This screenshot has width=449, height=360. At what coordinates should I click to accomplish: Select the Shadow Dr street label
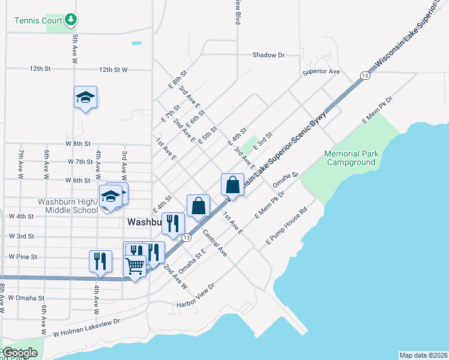pyautogui.click(x=268, y=55)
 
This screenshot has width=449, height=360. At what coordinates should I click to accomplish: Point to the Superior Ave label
pyautogui.click(x=321, y=71)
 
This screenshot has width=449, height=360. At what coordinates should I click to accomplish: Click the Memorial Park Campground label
pyautogui.click(x=351, y=158)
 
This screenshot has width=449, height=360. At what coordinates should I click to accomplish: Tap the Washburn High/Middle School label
pyautogui.click(x=68, y=206)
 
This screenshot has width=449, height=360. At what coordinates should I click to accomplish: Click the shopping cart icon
pyautogui.click(x=135, y=265)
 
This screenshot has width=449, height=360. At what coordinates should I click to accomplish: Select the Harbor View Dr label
pyautogui.click(x=196, y=304)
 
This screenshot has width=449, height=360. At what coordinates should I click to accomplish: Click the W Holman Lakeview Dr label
pyautogui.click(x=86, y=327)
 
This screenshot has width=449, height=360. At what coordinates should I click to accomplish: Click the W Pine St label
pyautogui.click(x=23, y=257)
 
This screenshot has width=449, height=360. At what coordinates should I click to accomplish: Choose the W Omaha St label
pyautogui.click(x=26, y=298)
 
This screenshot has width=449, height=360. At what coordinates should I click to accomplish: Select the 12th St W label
pyautogui.click(x=113, y=70)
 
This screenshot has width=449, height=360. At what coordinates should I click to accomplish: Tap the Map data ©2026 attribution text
pyautogui.click(x=423, y=355)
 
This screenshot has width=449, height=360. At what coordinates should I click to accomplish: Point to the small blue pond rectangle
pyautogui.click(x=136, y=43)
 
